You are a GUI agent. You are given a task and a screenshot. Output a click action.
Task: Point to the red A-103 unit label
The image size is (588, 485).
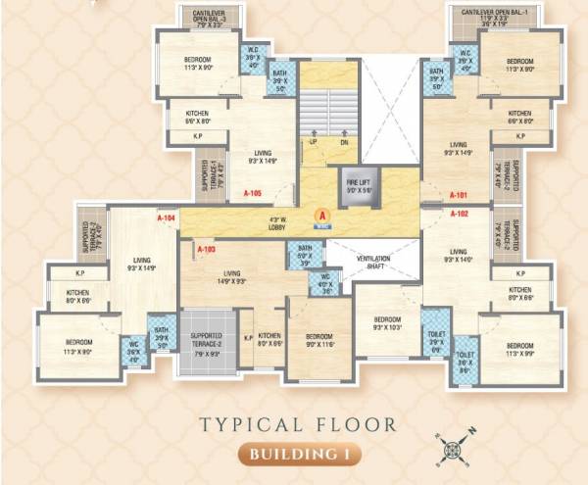tap(206, 250)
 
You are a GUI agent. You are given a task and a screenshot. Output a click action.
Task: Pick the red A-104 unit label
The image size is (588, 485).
tap(166, 218)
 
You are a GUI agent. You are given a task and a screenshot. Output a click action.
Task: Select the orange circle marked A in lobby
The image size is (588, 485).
tap(318, 217)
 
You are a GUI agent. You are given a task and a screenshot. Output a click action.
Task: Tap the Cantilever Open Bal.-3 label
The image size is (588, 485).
tap(207, 16)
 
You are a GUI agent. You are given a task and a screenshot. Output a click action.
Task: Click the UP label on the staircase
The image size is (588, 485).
tap(314, 142)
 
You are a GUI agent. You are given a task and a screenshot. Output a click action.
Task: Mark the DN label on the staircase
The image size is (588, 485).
tap(343, 142)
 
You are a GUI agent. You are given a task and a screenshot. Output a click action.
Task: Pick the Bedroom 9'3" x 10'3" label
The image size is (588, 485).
tap(386, 324)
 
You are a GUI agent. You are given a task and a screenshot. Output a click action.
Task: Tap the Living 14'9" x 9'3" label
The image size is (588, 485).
tap(231, 277)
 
